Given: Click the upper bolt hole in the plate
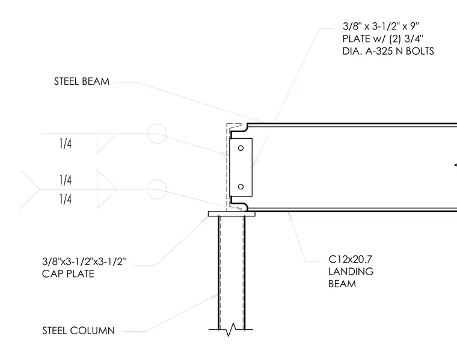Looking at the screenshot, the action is pyautogui.click(x=241, y=148).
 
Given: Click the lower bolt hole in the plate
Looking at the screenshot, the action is pyautogui.click(x=241, y=186).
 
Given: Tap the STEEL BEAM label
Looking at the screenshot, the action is pyautogui.click(x=82, y=81).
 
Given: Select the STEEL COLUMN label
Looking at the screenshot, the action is pyautogui.click(x=78, y=331).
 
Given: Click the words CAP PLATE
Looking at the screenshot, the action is pyautogui.click(x=68, y=274).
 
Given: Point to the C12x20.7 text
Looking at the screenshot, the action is pyautogui.click(x=350, y=259).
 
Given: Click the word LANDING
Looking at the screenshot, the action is pyautogui.click(x=351, y=272).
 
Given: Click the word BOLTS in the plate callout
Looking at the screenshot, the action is pyautogui.click(x=420, y=51).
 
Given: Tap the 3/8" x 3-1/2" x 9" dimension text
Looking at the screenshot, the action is pyautogui.click(x=381, y=26).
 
